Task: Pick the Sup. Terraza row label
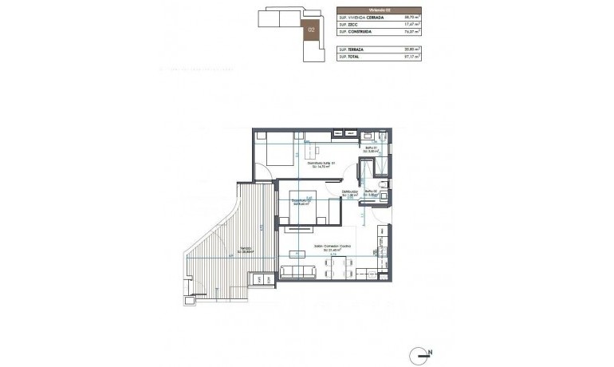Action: coord(348,49)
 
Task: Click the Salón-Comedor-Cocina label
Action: coord(332,247)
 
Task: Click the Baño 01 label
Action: coord(371,148)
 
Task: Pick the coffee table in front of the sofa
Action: coord(296,255)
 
